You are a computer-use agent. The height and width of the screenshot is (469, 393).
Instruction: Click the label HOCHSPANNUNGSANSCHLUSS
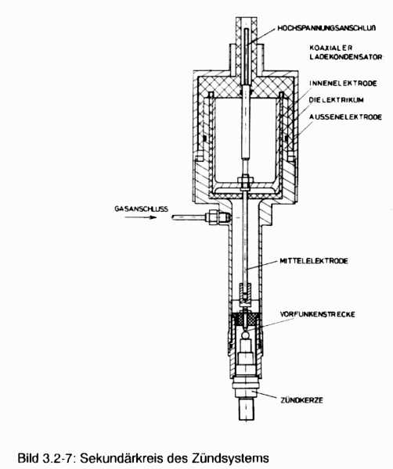pyautogui.click(x=326, y=28)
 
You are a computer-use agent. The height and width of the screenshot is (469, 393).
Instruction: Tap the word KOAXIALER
pyautogui.click(x=331, y=48)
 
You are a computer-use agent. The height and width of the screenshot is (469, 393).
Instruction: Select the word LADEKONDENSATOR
pyautogui.click(x=346, y=57)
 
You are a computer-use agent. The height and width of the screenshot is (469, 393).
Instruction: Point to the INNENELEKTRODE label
pyautogui.click(x=343, y=83)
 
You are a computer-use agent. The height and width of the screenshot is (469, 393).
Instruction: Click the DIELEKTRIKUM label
pyautogui.click(x=337, y=100)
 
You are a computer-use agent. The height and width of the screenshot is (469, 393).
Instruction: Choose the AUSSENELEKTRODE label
pyautogui.click(x=346, y=117)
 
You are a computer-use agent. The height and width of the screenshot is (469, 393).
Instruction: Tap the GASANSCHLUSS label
pyautogui.click(x=142, y=209)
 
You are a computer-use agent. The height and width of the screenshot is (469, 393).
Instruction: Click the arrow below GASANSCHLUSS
pyautogui.click(x=141, y=217)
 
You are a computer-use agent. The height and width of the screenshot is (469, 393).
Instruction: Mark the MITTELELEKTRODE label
pyautogui.click(x=314, y=261)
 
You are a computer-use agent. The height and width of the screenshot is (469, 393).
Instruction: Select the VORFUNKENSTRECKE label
pyautogui.click(x=318, y=314)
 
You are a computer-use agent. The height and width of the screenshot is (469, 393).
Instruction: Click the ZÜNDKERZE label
pyautogui.click(x=301, y=400)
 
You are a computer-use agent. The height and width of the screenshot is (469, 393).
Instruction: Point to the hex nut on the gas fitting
pyautogui.click(x=212, y=217)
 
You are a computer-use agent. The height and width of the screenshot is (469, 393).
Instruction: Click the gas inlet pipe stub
pyautogui.click(x=189, y=217)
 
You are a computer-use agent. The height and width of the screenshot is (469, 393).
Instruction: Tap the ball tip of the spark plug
pyautogui.click(x=246, y=335)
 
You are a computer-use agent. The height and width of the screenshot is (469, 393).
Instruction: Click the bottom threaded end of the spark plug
pyautogui.click(x=247, y=410)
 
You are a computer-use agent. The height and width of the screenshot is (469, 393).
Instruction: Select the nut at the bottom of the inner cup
pyautogui.click(x=246, y=183)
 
